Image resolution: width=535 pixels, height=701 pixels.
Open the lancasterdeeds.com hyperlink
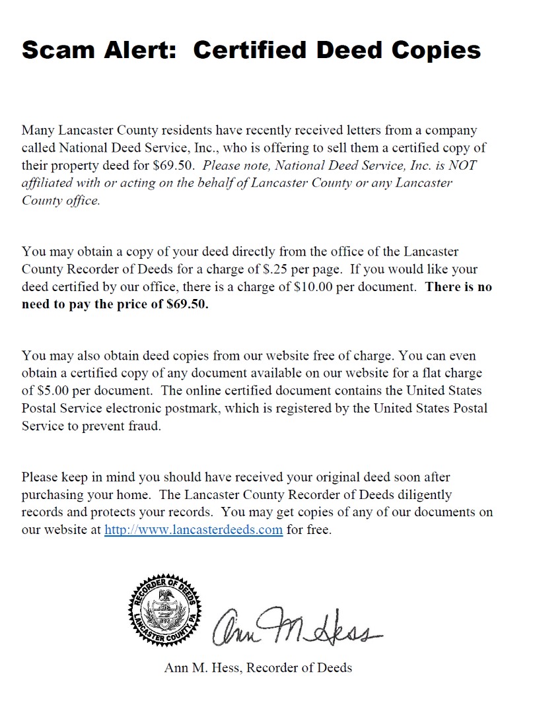[x=194, y=529]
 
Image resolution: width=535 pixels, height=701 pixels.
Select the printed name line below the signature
[x=258, y=667]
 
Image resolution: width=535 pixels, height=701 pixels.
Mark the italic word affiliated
[x=48, y=183]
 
